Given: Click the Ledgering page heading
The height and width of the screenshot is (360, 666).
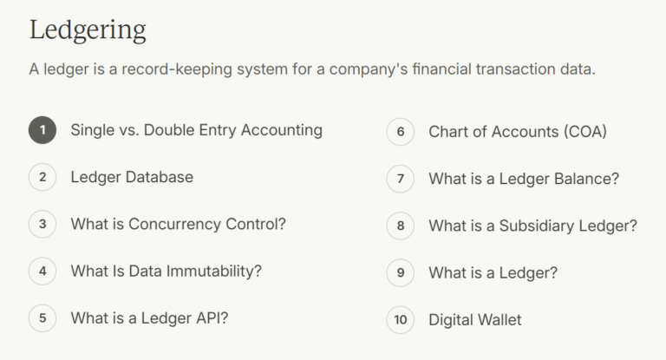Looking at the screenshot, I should click(x=88, y=30).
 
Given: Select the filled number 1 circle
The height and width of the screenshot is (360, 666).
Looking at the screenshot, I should click(x=42, y=131).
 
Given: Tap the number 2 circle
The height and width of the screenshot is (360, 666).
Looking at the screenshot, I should click(x=42, y=178).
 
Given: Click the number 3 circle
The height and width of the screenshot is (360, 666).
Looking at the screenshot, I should click(x=42, y=225).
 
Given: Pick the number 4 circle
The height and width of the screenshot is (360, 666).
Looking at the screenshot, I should click(x=42, y=272).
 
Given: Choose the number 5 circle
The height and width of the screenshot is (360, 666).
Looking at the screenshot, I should click(x=42, y=318).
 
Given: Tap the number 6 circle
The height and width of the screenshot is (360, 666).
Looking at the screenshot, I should click(x=400, y=133).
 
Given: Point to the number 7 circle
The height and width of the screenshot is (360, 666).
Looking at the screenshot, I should click(x=400, y=180).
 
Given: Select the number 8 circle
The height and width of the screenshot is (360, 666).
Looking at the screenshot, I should click(x=400, y=226).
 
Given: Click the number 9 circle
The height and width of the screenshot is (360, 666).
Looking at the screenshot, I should click(x=400, y=273).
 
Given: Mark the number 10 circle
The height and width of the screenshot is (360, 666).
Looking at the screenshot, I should click(x=400, y=320).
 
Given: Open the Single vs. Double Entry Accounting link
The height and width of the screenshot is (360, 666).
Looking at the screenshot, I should click(x=196, y=130).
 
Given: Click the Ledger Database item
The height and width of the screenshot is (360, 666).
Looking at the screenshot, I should click(x=132, y=177).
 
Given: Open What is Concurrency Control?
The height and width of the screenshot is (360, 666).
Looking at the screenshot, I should click(x=178, y=224).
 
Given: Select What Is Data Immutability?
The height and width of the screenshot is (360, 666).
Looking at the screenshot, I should click(x=166, y=271).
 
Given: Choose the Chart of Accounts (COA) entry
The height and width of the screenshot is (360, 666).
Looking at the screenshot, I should click(x=517, y=132).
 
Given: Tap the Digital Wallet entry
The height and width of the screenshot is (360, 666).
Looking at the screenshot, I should click(x=475, y=320).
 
